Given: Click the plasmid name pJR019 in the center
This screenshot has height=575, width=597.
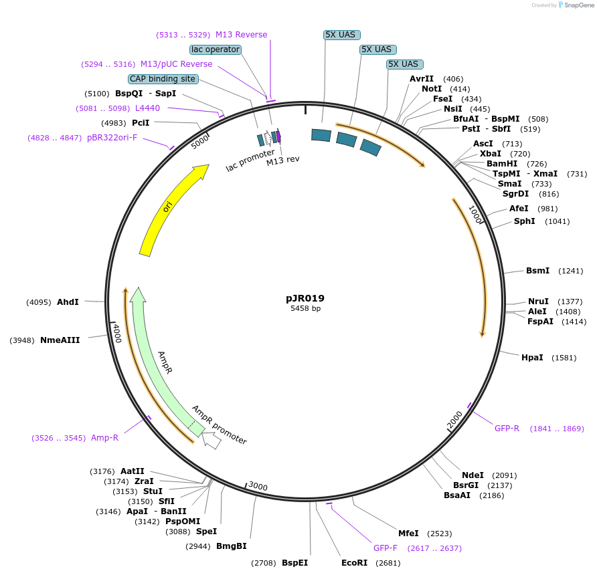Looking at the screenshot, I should (305, 298).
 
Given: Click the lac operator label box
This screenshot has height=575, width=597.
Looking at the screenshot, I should (215, 49).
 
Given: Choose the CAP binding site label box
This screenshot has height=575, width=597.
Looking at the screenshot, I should (163, 79).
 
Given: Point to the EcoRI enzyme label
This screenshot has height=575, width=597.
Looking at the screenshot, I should (354, 562).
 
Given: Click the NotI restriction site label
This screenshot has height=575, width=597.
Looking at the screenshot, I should (431, 89).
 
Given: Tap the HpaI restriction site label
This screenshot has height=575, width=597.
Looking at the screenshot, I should (532, 358).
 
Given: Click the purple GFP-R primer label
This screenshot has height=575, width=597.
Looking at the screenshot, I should (507, 429).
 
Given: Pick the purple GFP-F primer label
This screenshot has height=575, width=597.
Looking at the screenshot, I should (385, 548).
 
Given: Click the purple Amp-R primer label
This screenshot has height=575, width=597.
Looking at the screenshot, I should (104, 438).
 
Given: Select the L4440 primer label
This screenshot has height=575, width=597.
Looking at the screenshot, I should (147, 108).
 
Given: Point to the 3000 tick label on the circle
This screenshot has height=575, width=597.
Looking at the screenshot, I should (258, 487).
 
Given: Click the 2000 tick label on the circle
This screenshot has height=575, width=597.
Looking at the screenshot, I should (455, 421).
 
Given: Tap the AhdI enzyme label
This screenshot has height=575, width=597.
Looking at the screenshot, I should (68, 302).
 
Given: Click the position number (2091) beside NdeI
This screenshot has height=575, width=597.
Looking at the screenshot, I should (504, 475).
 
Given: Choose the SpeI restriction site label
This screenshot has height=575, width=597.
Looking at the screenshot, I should (206, 532).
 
